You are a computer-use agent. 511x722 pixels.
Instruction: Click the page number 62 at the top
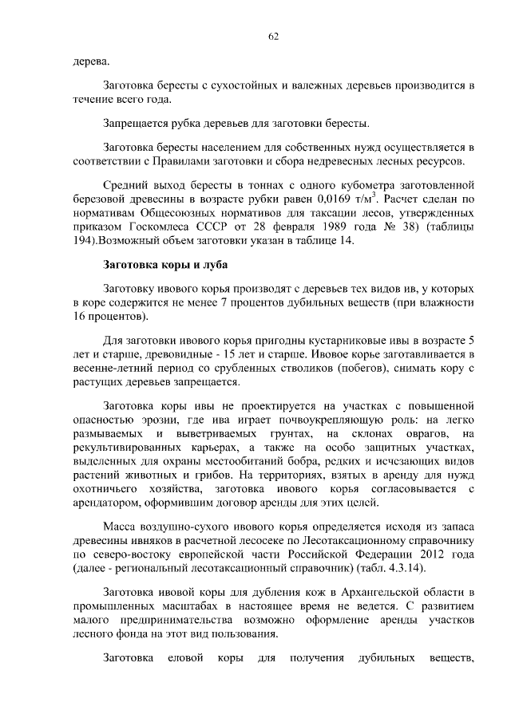(273, 37)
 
